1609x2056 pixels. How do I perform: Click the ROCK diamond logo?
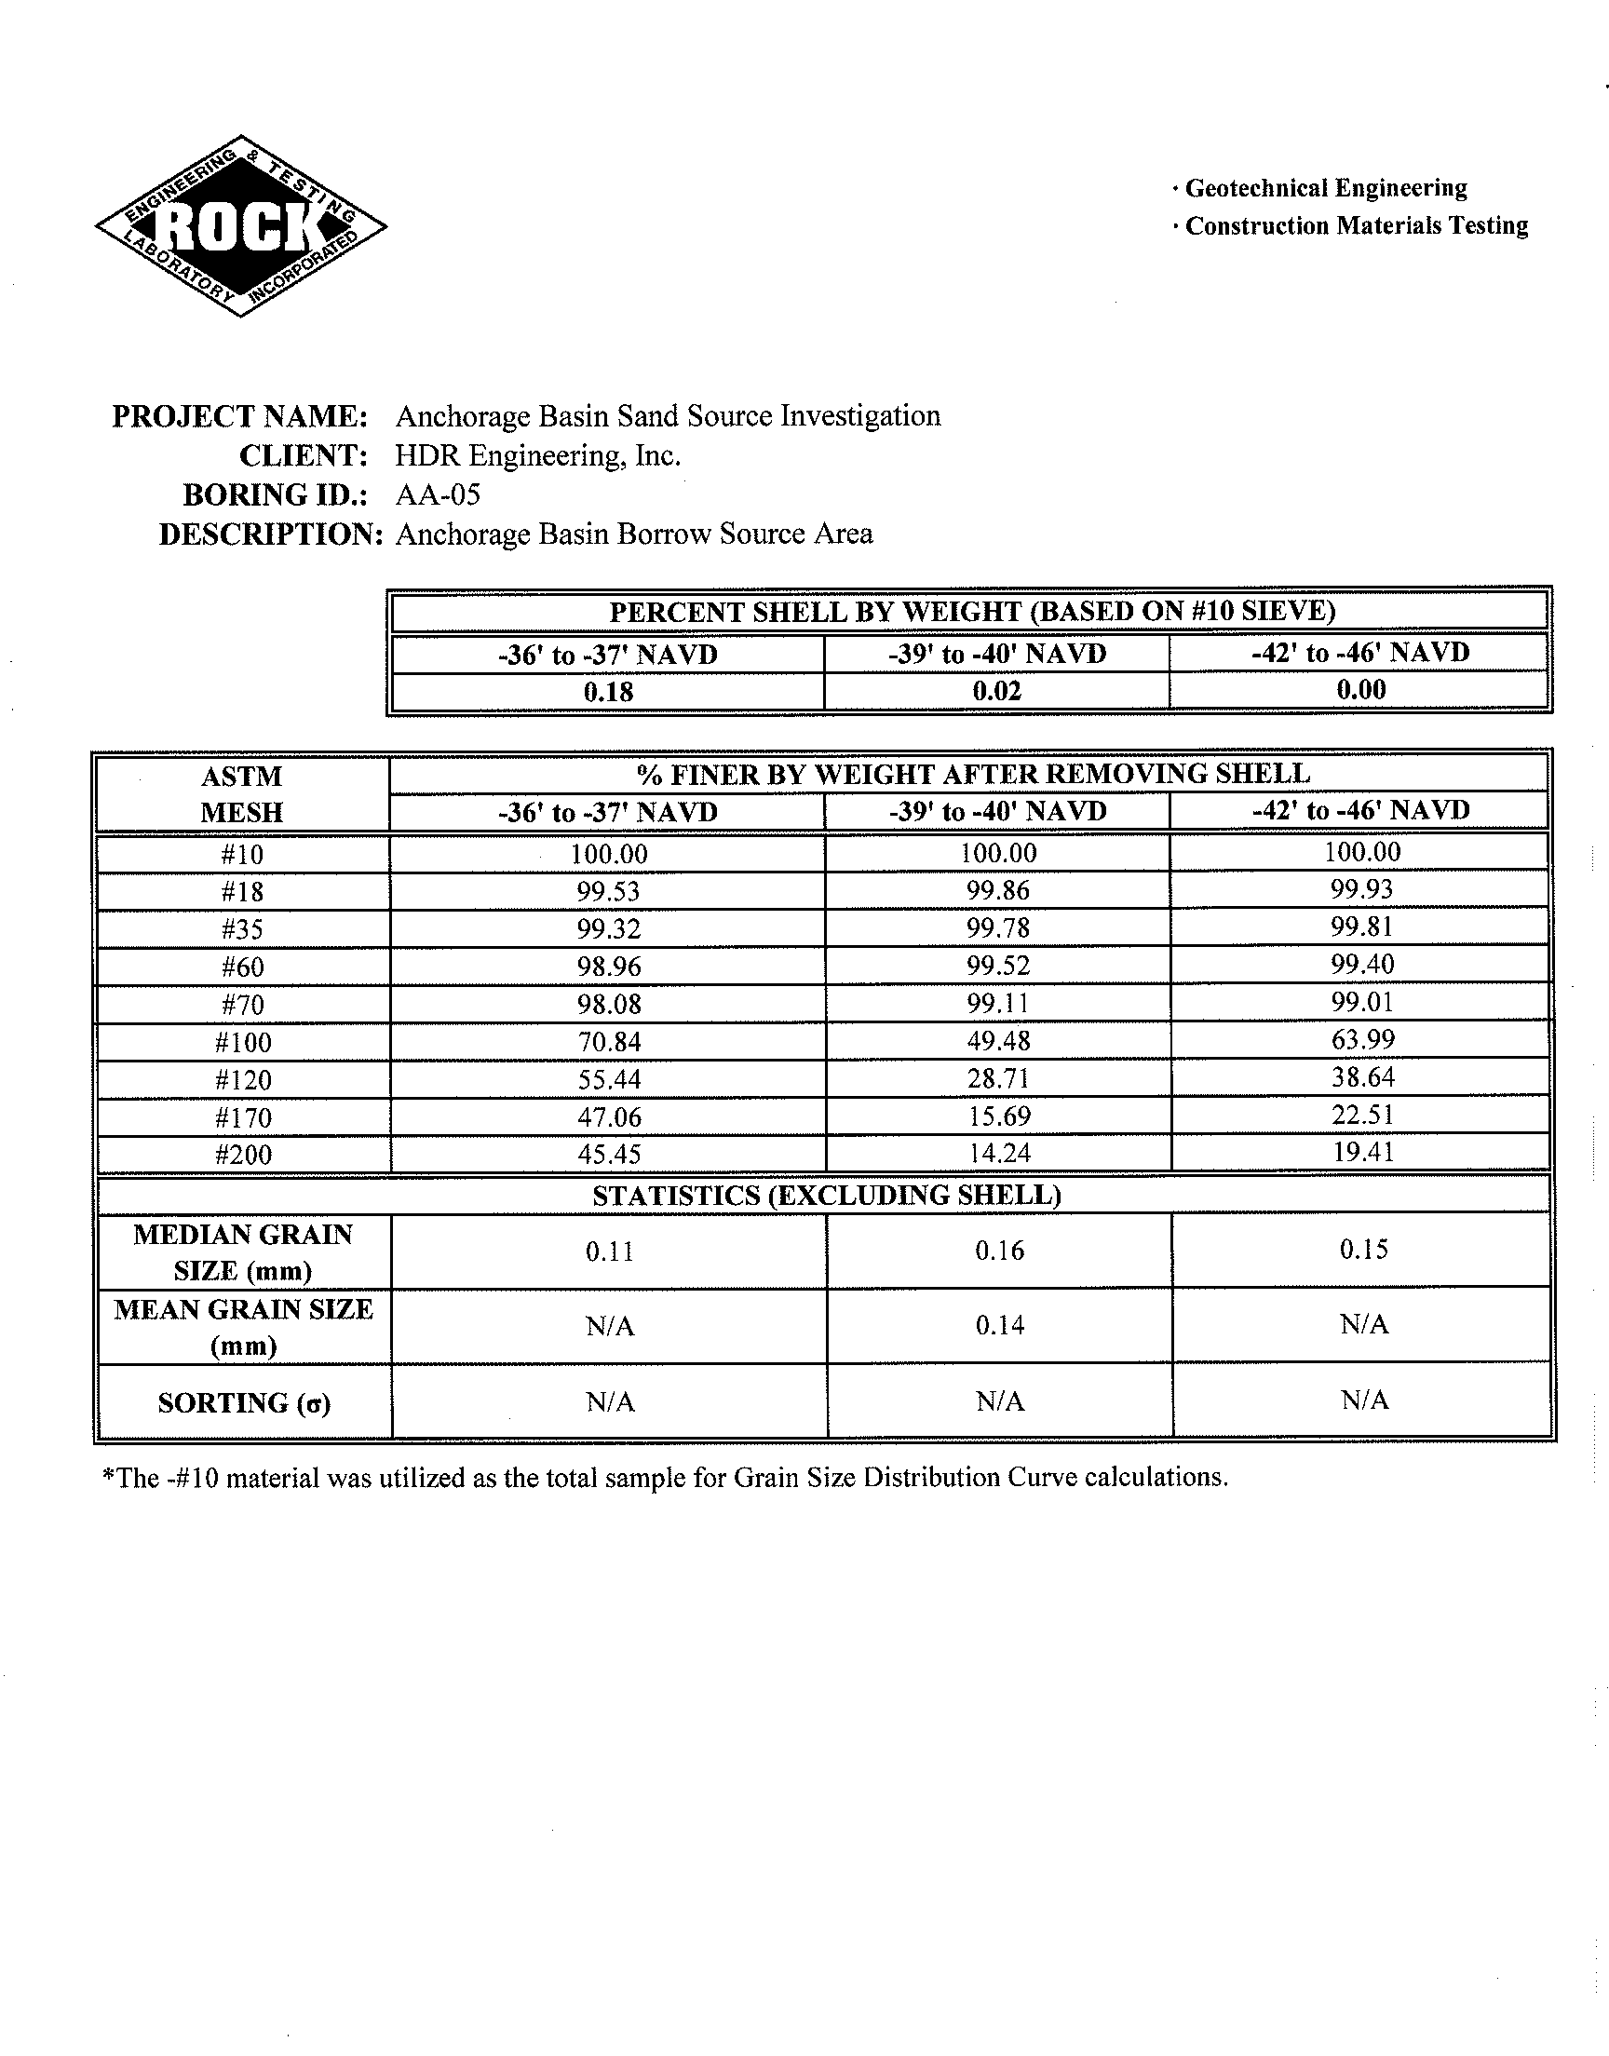[x=241, y=226]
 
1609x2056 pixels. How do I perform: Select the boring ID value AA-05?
[x=437, y=494]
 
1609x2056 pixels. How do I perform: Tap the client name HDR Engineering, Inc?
[x=537, y=456]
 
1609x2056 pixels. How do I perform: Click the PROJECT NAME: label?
[x=239, y=416]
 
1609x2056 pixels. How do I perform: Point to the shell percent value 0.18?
[x=609, y=692]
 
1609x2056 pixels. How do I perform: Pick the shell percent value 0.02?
[x=996, y=691]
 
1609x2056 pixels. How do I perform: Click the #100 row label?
[x=243, y=1043]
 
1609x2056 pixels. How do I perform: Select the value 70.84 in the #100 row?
[x=609, y=1042]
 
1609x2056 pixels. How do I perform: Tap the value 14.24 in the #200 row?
[x=998, y=1153]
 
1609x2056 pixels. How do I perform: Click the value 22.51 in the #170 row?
[x=1362, y=1116]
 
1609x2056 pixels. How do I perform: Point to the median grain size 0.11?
[x=610, y=1251]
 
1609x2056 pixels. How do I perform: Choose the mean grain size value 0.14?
[x=999, y=1326]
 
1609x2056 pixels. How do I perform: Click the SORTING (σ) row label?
[x=244, y=1403]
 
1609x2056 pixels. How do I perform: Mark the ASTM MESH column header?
[x=242, y=794]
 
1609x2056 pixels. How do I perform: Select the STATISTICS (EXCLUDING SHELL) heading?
[x=826, y=1196]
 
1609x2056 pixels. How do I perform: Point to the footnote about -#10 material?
[x=665, y=1478]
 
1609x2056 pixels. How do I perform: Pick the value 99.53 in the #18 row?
[x=609, y=892]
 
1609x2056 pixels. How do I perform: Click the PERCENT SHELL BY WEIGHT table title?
[x=972, y=612]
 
